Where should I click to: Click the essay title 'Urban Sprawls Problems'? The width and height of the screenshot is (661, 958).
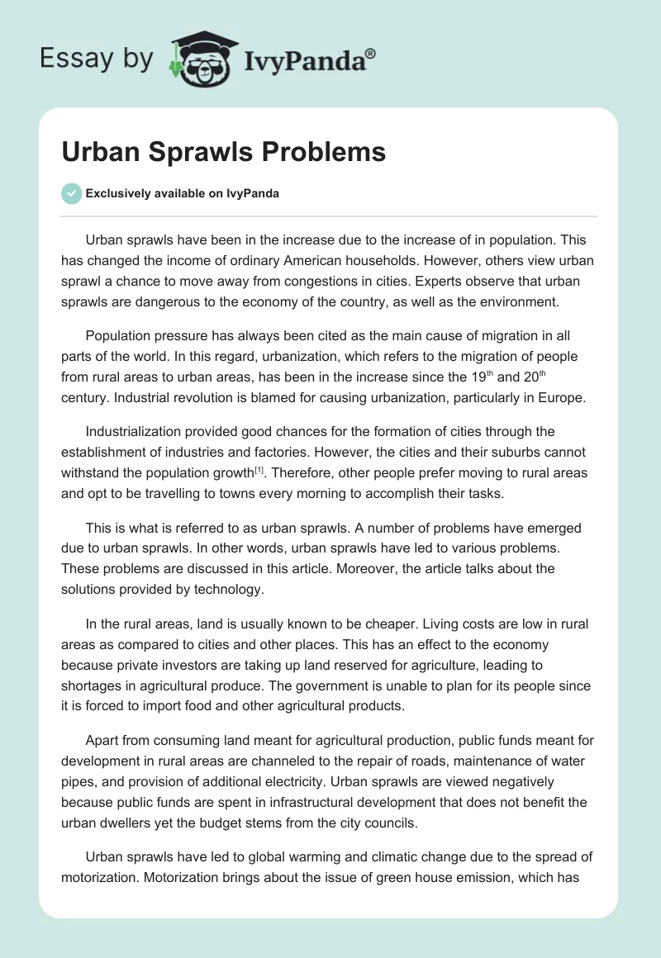[x=223, y=152]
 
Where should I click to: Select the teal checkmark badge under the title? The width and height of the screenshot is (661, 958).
[x=71, y=193]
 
